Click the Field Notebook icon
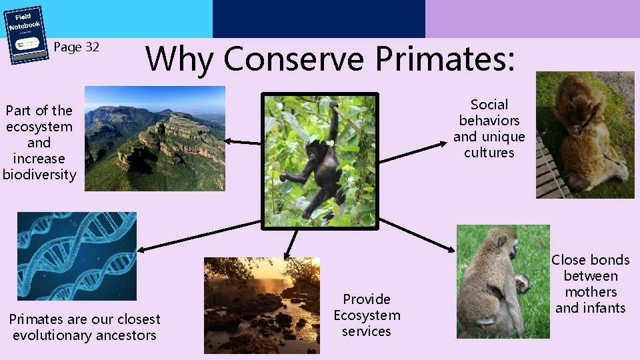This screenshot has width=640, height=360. point(27,35)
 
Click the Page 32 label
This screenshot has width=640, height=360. point(76,47)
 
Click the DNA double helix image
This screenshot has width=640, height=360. point(77,256)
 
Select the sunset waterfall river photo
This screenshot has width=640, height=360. point(262,305)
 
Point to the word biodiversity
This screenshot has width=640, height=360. point(39,175)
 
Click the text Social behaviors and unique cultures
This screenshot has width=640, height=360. point(489,129)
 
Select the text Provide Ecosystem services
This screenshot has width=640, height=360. point(367,315)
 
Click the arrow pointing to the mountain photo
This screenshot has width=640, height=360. point(243,141)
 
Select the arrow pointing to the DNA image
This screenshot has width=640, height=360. point(200,235)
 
